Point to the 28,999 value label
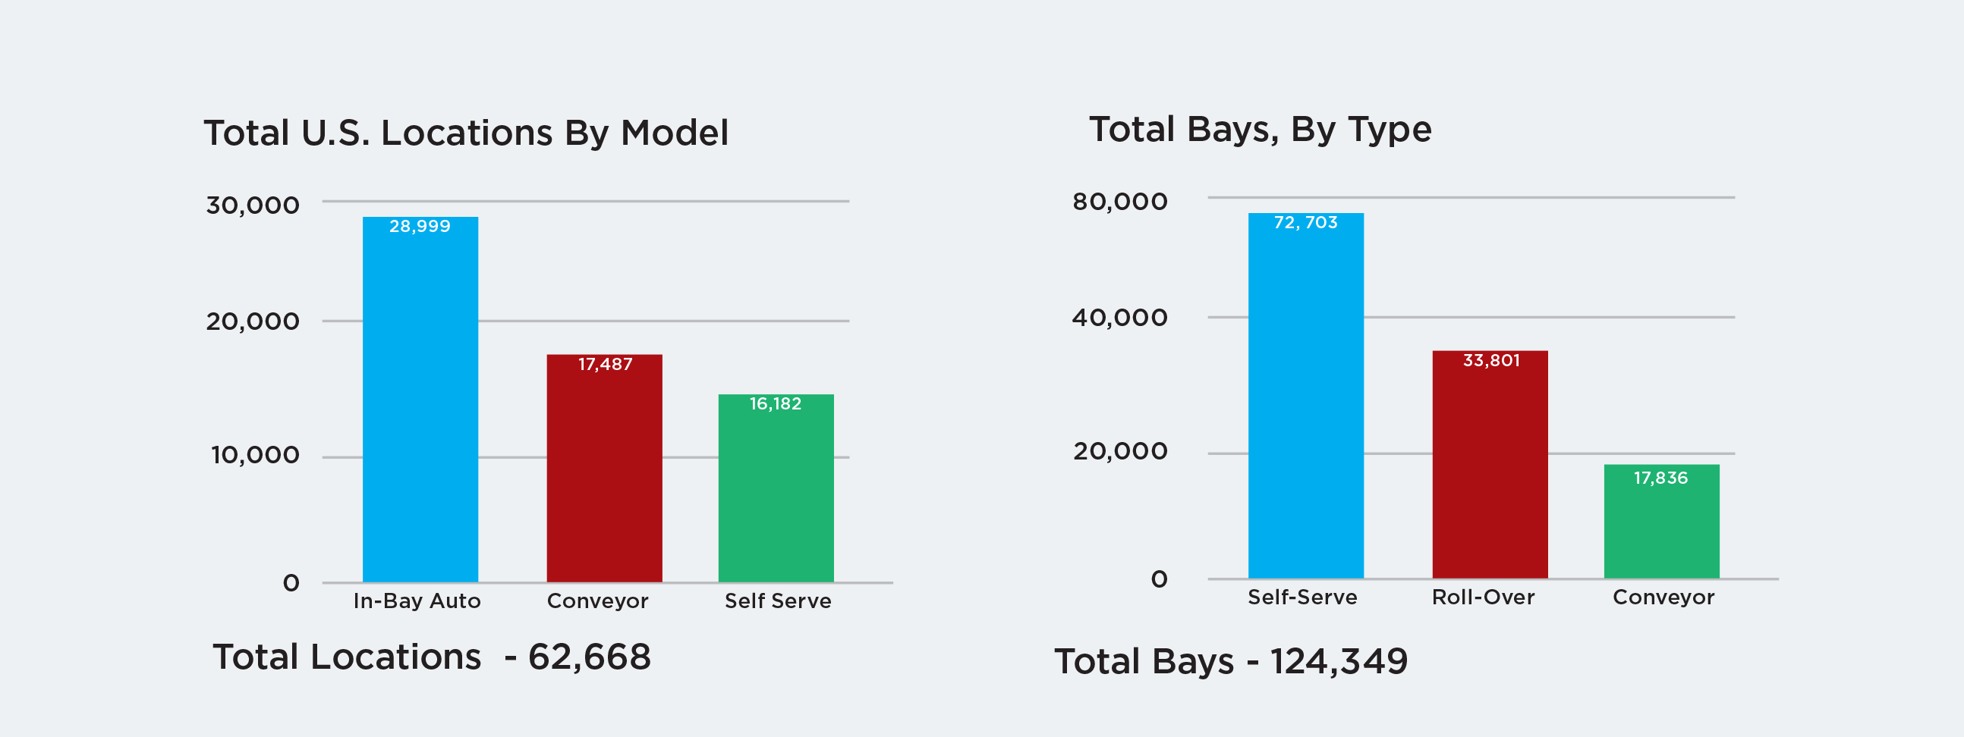420,227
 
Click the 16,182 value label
776,404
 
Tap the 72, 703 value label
1305,223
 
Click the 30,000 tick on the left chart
253,205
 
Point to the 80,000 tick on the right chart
1119,202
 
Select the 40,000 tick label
1119,318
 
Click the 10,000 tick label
255,455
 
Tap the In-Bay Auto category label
417,601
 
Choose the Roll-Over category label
1483,597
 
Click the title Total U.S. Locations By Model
466,133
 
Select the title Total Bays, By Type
1261,130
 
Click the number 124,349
1338,660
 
